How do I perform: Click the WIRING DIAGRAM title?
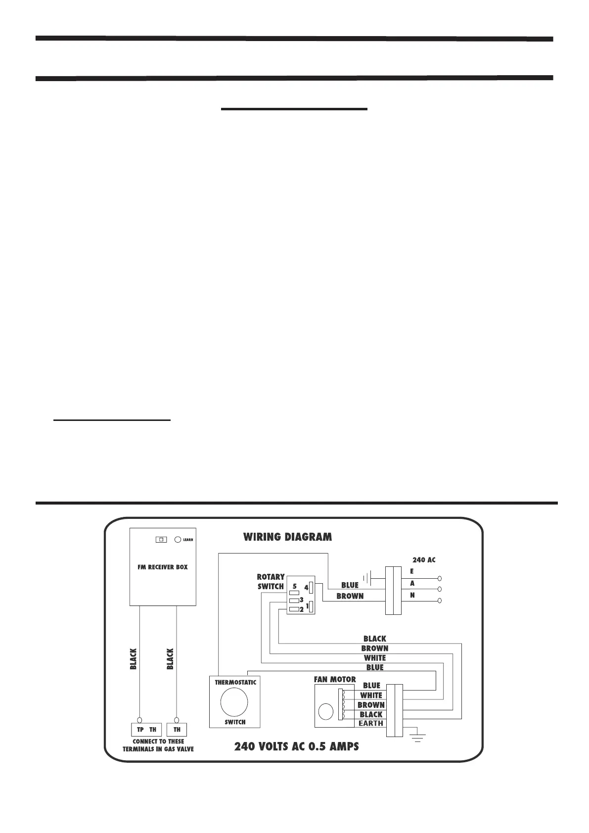point(287,537)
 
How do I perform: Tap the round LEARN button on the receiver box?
point(178,539)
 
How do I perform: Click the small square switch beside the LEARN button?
point(161,539)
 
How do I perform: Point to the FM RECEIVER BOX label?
point(163,567)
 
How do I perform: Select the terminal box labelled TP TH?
point(147,730)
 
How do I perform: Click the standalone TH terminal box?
point(177,730)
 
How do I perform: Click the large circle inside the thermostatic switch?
point(234,702)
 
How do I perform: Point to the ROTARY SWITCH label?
point(271,582)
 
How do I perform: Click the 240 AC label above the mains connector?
point(424,560)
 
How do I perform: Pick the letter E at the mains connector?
point(412,571)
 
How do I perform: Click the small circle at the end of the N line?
point(440,601)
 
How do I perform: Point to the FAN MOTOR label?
point(335,680)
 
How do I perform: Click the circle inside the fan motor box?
point(326,712)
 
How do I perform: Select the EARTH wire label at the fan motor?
point(371,723)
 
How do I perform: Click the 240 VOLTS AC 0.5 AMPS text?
point(297,746)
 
